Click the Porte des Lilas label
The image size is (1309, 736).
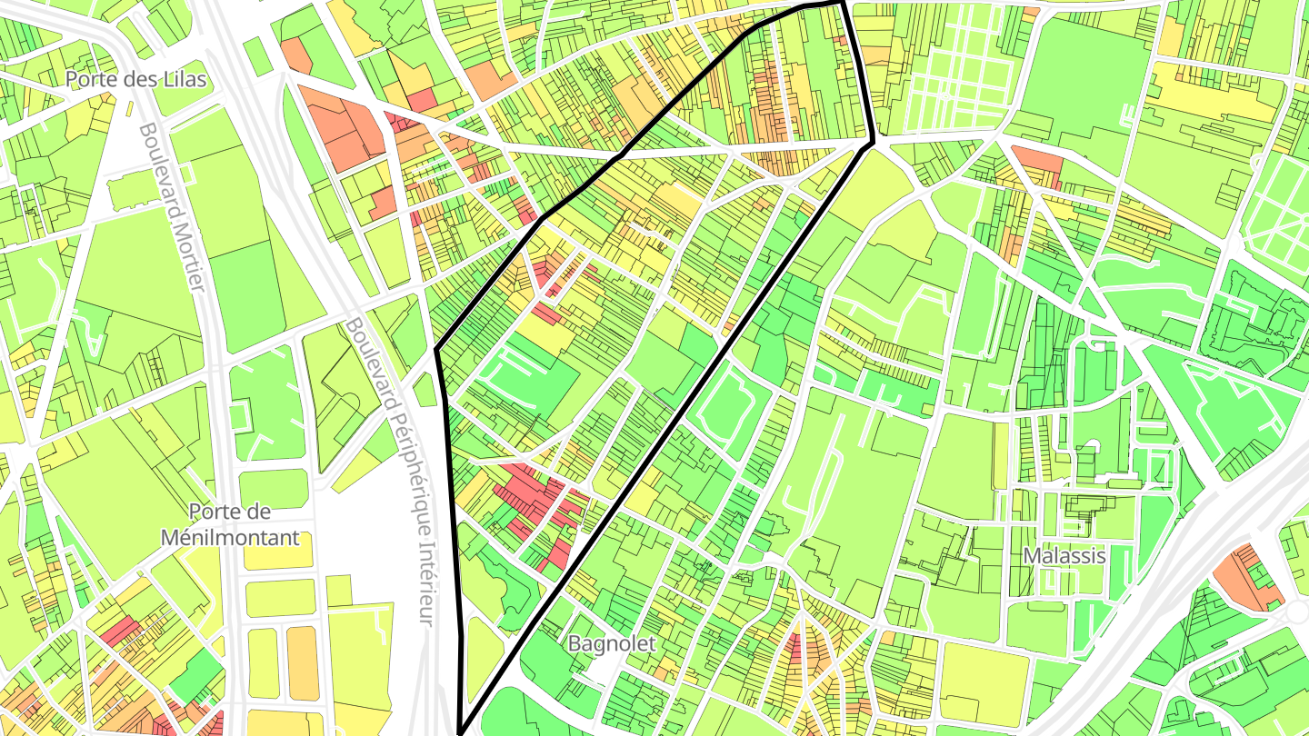[136, 79]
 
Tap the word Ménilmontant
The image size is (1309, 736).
[229, 537]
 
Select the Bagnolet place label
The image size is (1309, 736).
[611, 643]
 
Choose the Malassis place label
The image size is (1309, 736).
[1064, 555]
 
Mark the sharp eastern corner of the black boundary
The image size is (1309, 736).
[873, 141]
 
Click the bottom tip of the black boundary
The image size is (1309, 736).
[462, 730]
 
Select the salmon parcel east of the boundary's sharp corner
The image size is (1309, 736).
[1038, 162]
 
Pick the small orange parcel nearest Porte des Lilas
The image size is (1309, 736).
[295, 55]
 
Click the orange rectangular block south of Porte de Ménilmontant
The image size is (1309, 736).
[303, 663]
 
